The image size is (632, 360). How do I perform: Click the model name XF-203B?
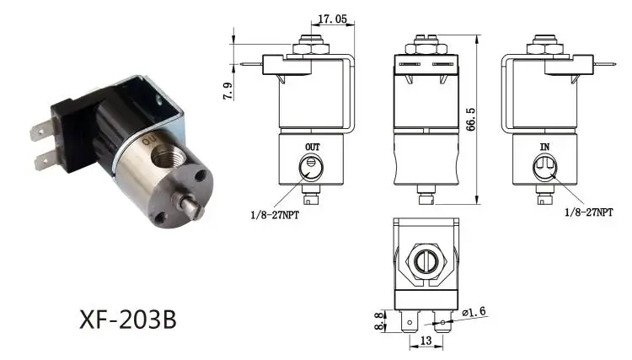coord(128,320)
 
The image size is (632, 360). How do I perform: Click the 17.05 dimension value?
coord(332,19)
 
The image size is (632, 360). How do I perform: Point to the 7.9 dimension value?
coord(228,91)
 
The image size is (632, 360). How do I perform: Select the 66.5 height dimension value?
coord(470,120)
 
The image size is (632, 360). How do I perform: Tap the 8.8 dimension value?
coord(380,321)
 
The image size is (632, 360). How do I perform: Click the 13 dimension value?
coord(426,341)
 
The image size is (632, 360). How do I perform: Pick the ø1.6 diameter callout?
coord(474,312)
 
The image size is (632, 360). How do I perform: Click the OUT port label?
coord(313,148)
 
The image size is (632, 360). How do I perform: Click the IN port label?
coord(544,147)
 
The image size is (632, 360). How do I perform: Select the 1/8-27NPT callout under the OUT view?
coord(275,215)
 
